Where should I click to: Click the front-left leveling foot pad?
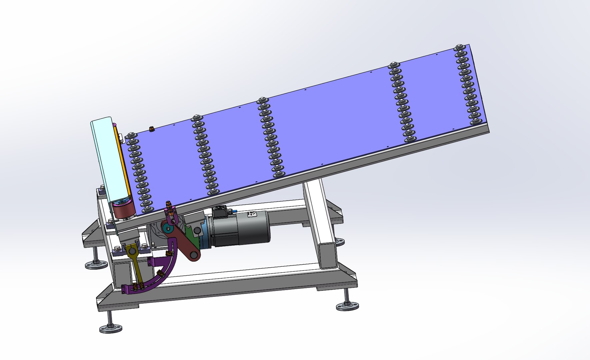110,328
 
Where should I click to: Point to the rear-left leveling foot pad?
96,265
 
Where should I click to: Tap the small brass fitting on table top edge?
151,128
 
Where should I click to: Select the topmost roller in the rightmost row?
459,47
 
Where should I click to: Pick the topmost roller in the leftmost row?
131,135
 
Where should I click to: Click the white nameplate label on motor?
250,215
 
